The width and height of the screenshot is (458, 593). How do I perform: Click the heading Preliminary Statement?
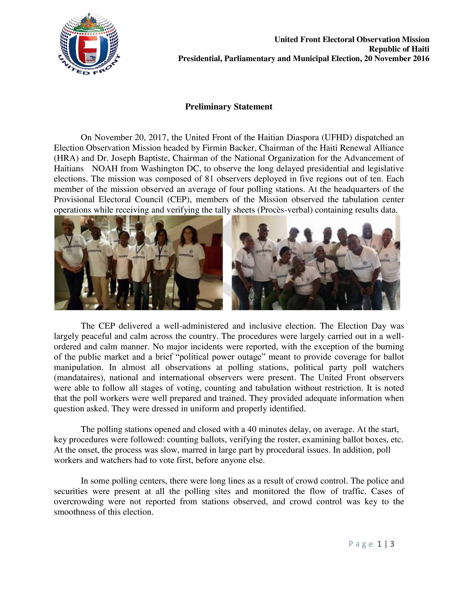(228, 107)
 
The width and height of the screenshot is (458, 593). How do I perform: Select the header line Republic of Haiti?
(399, 49)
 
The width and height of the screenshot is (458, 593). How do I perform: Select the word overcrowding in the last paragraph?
(79, 502)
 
